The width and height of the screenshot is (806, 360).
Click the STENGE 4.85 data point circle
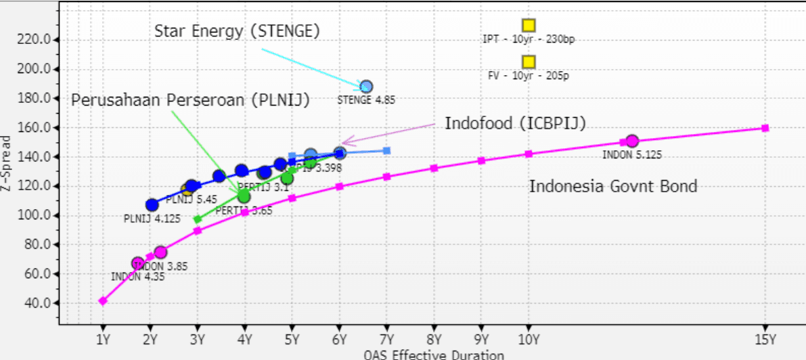[366, 87]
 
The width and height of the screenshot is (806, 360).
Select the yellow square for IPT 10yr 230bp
[529, 25]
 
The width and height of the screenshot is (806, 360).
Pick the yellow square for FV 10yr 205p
[529, 62]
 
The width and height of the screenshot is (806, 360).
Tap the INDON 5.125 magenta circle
[632, 141]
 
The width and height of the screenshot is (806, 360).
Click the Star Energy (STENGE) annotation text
[237, 31]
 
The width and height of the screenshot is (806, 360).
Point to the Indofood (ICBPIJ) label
[515, 123]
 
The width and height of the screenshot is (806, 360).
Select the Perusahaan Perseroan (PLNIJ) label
[190, 101]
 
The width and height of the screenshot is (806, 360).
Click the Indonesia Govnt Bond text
[613, 186]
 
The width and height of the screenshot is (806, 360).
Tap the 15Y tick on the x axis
[765, 338]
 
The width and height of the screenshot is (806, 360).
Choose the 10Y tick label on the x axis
[529, 338]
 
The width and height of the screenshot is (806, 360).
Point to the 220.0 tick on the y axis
[37, 40]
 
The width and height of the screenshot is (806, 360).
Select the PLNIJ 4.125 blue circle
[152, 205]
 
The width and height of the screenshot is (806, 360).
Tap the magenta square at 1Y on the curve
[103, 301]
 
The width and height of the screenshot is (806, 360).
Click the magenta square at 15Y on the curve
[765, 128]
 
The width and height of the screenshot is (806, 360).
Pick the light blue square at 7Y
[386, 150]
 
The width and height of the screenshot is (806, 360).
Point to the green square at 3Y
[198, 219]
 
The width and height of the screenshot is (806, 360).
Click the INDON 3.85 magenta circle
[160, 252]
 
